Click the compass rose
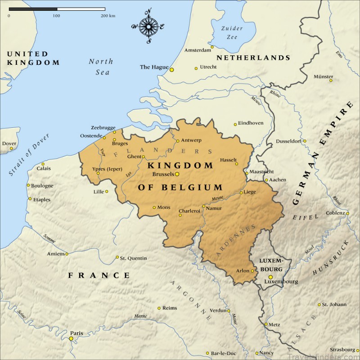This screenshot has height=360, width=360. [148, 26]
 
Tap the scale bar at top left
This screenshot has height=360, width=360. [57, 9]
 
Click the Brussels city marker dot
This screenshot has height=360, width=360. [177, 174]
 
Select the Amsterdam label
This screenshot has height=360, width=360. [198, 49]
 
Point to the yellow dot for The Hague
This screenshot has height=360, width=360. [171, 69]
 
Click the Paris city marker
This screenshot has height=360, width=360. [71, 338]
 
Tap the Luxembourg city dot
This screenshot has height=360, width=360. [270, 277]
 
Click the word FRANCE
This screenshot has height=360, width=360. [99, 275]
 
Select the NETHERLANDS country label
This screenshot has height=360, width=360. [253, 58]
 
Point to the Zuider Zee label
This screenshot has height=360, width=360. [232, 33]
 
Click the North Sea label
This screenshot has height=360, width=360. [101, 67]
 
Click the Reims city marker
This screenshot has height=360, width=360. [159, 308]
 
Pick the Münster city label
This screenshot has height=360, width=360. [323, 76]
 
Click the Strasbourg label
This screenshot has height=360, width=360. [344, 350]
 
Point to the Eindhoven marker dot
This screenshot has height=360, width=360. [235, 125]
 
